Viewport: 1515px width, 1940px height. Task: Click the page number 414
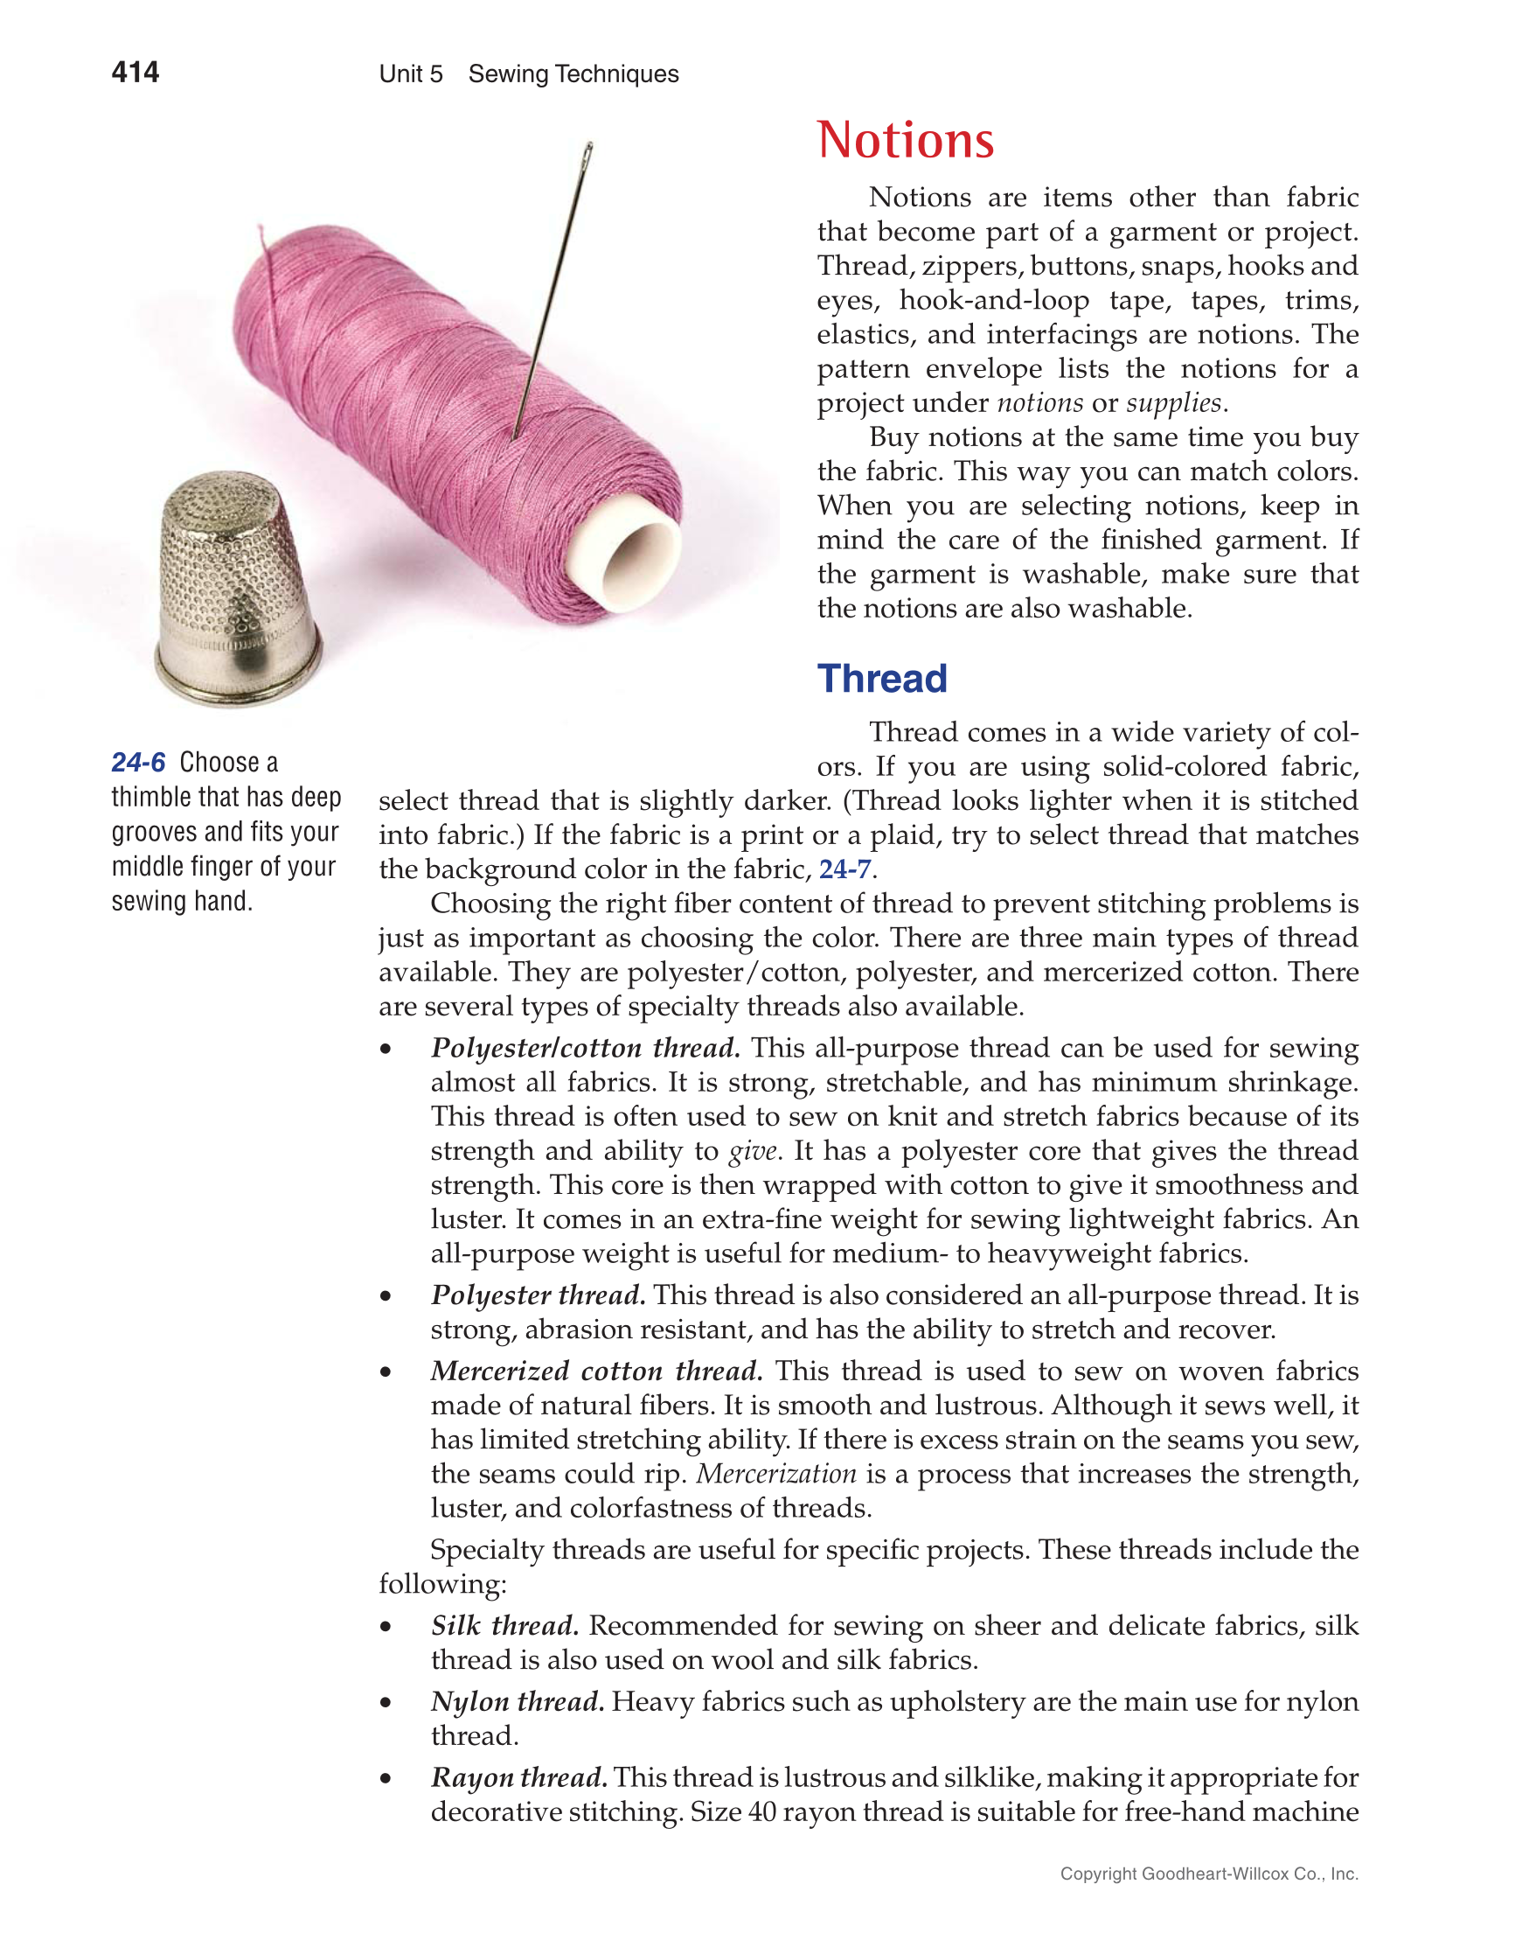(x=135, y=72)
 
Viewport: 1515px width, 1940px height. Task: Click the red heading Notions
(x=905, y=140)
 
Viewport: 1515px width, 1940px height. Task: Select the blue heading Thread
(x=882, y=679)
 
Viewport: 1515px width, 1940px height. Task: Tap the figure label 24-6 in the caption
(x=138, y=762)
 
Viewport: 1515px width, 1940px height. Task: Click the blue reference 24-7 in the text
(x=844, y=869)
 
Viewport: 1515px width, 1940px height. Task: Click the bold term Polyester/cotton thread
(x=585, y=1048)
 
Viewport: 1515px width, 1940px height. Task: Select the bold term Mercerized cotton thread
(x=596, y=1371)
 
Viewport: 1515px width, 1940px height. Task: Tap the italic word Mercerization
(x=776, y=1474)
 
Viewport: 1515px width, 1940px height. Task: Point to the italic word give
(x=753, y=1151)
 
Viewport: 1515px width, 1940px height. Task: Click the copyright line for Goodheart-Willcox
(x=1209, y=1874)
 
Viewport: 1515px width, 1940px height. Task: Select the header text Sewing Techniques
(x=573, y=73)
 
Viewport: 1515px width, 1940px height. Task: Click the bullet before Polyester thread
(x=386, y=1296)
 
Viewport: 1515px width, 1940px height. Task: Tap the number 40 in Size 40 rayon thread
(x=762, y=1812)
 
